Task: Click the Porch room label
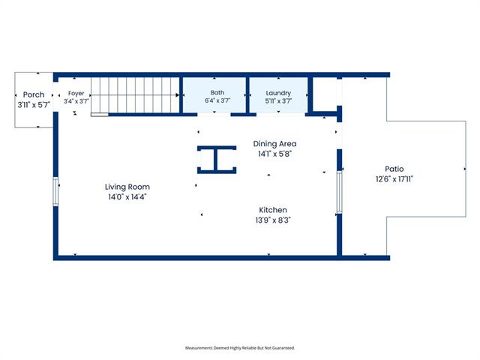pos(34,94)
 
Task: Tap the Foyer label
pos(76,93)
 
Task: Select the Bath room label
pos(217,92)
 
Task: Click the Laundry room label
pos(278,93)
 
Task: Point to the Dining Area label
pos(274,144)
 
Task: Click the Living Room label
pos(127,187)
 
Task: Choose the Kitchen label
pos(273,210)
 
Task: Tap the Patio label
pos(394,169)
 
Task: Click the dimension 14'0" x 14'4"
pos(127,196)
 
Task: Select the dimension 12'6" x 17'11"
pos(394,178)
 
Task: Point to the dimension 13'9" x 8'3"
pos(273,220)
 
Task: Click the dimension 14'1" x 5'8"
pos(274,154)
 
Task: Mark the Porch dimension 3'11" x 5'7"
pos(34,105)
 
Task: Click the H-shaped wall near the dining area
pos(217,160)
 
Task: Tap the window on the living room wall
pos(55,192)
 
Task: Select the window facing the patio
pos(339,192)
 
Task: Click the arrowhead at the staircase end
pos(177,95)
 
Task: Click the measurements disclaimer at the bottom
pos(240,348)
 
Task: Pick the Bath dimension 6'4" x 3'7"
pos(217,100)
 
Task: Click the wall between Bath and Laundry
pos(247,95)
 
